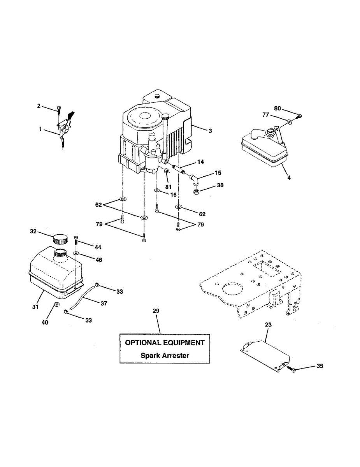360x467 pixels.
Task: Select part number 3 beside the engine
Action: [x=210, y=131]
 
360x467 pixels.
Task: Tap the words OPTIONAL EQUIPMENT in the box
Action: [x=165, y=343]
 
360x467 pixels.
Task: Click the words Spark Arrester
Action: [x=165, y=355]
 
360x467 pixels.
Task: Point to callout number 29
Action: [x=156, y=311]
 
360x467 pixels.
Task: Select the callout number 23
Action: [x=269, y=324]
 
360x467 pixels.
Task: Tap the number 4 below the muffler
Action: [x=289, y=178]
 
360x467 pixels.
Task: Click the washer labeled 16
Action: [x=157, y=191]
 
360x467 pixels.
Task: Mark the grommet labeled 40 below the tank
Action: [x=57, y=304]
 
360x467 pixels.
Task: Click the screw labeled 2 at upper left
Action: [x=58, y=110]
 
